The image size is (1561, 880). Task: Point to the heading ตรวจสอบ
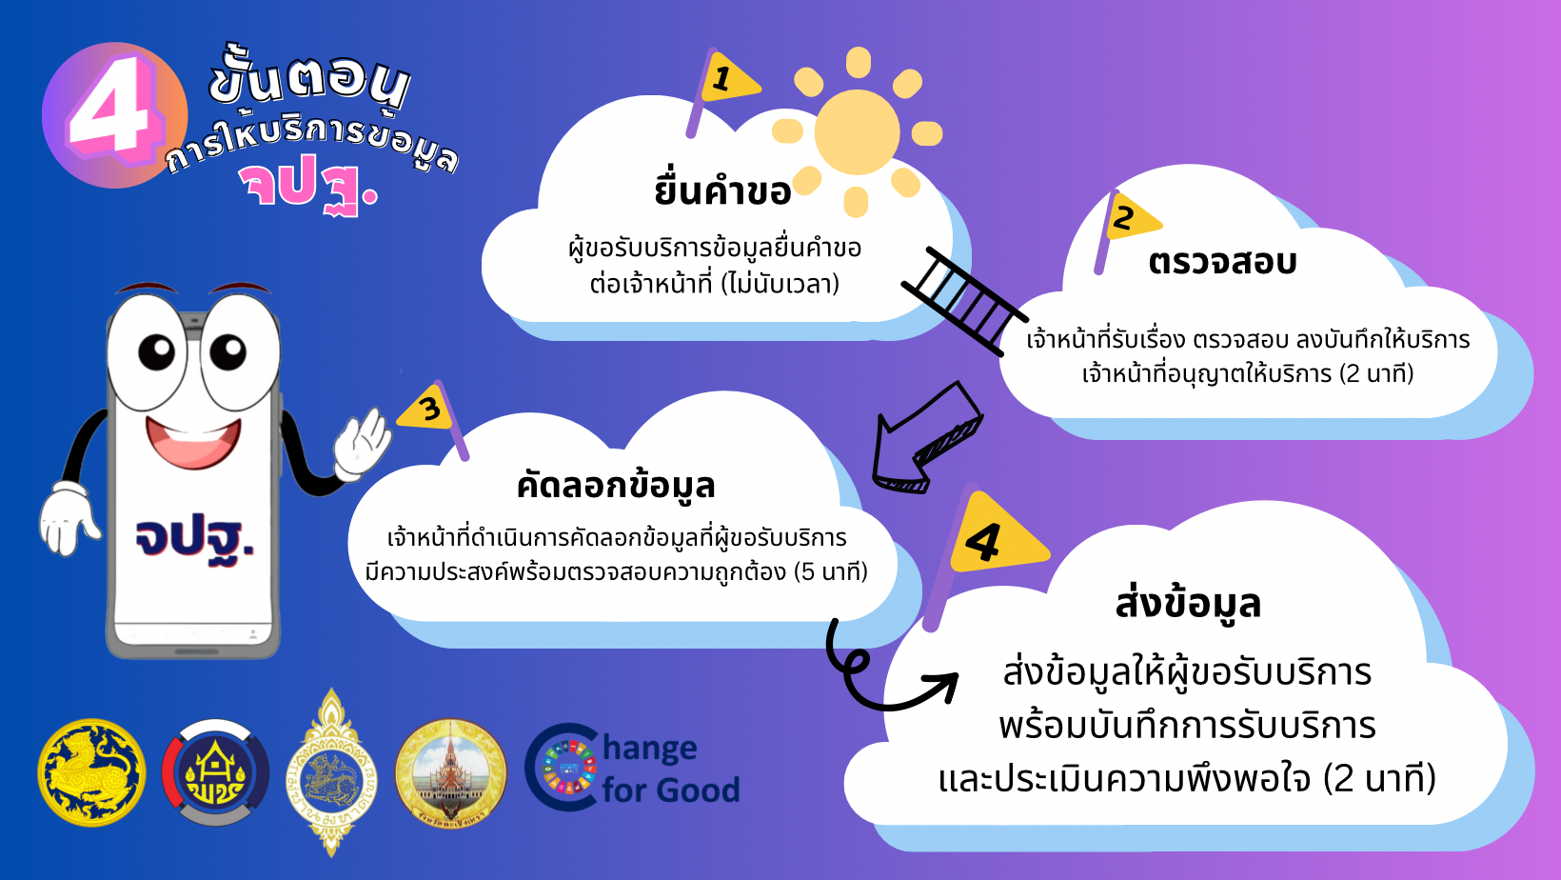[1222, 262]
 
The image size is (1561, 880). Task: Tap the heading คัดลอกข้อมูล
[616, 486]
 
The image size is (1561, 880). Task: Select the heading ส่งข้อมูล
[1188, 603]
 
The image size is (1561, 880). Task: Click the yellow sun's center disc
[857, 131]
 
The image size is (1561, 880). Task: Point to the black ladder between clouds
[964, 301]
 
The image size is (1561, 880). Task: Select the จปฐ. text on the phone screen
[194, 538]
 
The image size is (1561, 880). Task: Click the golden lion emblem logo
[92, 772]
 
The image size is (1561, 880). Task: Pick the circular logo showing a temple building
[451, 773]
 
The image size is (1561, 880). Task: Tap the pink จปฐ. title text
[307, 187]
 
